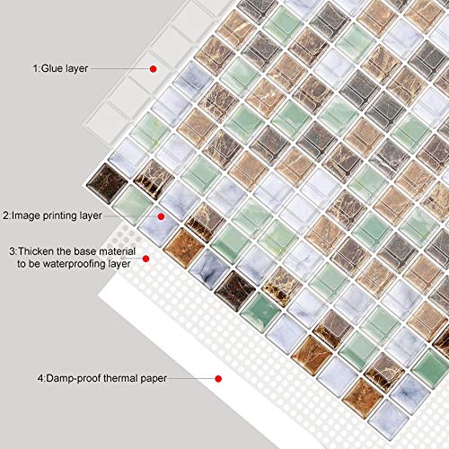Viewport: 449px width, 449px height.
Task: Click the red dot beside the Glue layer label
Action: click(x=154, y=69)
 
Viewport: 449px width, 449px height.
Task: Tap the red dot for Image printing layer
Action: click(x=161, y=216)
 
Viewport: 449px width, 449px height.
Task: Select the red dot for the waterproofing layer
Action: click(x=145, y=259)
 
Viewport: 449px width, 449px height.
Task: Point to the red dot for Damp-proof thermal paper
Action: click(x=218, y=379)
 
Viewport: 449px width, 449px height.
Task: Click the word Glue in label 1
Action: click(x=49, y=68)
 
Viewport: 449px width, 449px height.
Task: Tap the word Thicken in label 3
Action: click(x=36, y=251)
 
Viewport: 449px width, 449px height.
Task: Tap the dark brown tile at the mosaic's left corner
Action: click(x=107, y=183)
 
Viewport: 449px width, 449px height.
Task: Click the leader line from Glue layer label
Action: click(x=120, y=68)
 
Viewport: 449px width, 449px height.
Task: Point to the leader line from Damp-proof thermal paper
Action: click(x=191, y=378)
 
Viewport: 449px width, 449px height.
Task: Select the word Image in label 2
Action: click(x=26, y=216)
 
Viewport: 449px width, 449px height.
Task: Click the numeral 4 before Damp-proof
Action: click(x=40, y=378)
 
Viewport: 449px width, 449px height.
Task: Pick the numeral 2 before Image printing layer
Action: click(x=5, y=216)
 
